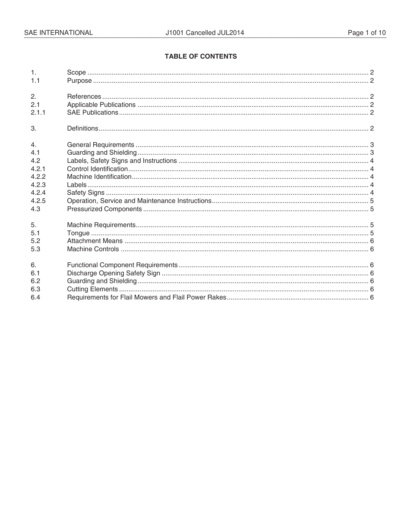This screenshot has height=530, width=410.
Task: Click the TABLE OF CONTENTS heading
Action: tap(201, 56)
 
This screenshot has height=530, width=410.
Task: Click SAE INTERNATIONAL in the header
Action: tap(58, 33)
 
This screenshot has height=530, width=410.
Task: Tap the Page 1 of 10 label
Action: tap(367, 33)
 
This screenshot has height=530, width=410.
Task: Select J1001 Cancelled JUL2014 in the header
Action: tap(205, 33)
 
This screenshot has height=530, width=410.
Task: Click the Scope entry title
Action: tap(76, 72)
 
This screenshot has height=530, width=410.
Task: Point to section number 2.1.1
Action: tap(38, 112)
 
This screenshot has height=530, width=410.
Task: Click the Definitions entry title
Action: tap(82, 128)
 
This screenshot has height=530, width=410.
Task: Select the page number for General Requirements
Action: tap(372, 145)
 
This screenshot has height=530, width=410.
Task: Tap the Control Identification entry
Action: tap(98, 169)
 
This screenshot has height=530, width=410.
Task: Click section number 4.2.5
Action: tap(38, 201)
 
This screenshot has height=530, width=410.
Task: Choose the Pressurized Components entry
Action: tap(104, 209)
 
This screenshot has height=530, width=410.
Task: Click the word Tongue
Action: tap(78, 233)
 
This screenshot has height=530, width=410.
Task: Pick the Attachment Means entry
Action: tap(95, 241)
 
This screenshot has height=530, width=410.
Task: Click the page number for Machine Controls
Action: tap(372, 249)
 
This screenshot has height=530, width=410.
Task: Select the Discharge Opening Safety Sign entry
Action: tap(114, 273)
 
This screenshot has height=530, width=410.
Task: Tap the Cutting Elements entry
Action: tap(92, 289)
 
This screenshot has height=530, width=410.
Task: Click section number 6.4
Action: tap(35, 297)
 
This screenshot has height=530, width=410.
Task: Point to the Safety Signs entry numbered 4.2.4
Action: tap(85, 193)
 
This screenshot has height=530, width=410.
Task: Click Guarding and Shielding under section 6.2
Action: tap(102, 281)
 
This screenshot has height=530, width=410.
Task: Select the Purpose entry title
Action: tap(79, 81)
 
